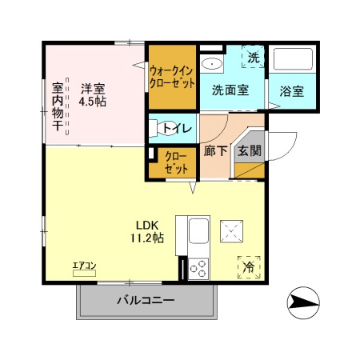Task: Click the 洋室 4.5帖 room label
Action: coord(93,95)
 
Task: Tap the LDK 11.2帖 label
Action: coord(150,231)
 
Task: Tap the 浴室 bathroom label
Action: coord(292,90)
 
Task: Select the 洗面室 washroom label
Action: coord(230,90)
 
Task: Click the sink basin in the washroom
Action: coord(212,64)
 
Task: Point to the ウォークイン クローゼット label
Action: coord(172,77)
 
